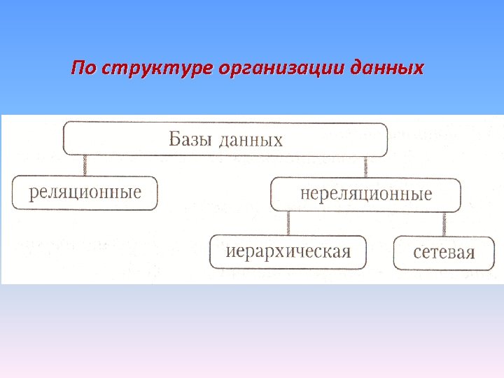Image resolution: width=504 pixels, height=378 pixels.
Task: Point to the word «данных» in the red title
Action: point(386,69)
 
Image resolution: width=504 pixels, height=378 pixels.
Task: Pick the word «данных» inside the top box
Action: point(251,139)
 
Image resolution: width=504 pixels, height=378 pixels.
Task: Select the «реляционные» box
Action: point(85,192)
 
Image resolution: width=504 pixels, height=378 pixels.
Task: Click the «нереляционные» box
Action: point(365,194)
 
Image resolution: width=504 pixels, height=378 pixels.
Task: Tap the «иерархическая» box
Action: point(288,252)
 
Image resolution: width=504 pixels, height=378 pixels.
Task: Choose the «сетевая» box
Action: point(444,253)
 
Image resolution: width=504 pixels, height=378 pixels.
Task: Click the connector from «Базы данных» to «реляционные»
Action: point(85,166)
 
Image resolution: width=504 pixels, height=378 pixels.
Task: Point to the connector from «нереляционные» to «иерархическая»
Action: point(287,223)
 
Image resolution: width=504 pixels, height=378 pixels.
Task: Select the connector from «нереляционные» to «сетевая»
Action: point(444,224)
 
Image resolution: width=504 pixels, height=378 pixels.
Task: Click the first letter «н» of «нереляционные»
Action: point(304,194)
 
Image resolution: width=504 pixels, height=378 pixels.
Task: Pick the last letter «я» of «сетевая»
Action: point(469,253)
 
